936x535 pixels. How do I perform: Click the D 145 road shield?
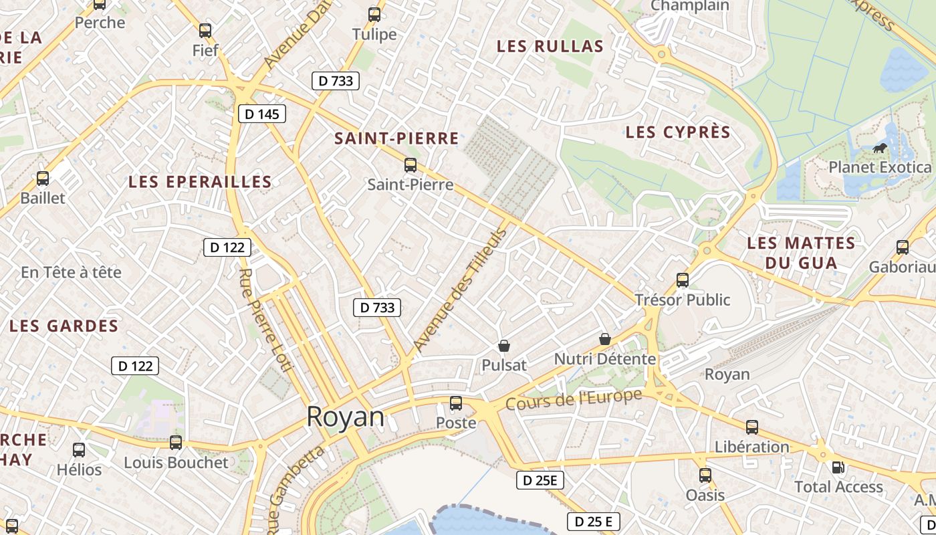pyautogui.click(x=262, y=114)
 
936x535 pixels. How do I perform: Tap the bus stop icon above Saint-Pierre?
pyautogui.click(x=411, y=165)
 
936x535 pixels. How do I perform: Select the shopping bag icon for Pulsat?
pyautogui.click(x=504, y=346)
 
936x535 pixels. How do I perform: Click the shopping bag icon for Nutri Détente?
pyautogui.click(x=605, y=339)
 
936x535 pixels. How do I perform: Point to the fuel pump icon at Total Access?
pyautogui.click(x=837, y=467)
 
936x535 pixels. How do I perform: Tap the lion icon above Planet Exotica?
pyautogui.click(x=880, y=147)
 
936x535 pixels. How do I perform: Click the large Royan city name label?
pyautogui.click(x=346, y=417)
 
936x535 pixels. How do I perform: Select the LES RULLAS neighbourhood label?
pyautogui.click(x=550, y=46)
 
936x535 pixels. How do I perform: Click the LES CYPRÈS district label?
pyautogui.click(x=678, y=132)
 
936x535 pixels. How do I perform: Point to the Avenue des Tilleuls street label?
pyautogui.click(x=461, y=290)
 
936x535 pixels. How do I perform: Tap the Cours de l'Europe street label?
pyautogui.click(x=574, y=399)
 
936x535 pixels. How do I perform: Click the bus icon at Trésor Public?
pyautogui.click(x=683, y=280)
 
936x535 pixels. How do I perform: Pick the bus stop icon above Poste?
pyautogui.click(x=456, y=403)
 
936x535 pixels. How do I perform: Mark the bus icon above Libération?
pyautogui.click(x=752, y=427)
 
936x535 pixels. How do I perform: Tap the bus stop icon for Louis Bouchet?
pyautogui.click(x=176, y=443)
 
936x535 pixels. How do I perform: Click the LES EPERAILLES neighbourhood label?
pyautogui.click(x=200, y=182)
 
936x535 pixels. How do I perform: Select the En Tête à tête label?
pyautogui.click(x=72, y=272)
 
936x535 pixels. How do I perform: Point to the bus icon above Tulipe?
pyautogui.click(x=374, y=15)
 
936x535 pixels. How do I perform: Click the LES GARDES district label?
pyautogui.click(x=64, y=326)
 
